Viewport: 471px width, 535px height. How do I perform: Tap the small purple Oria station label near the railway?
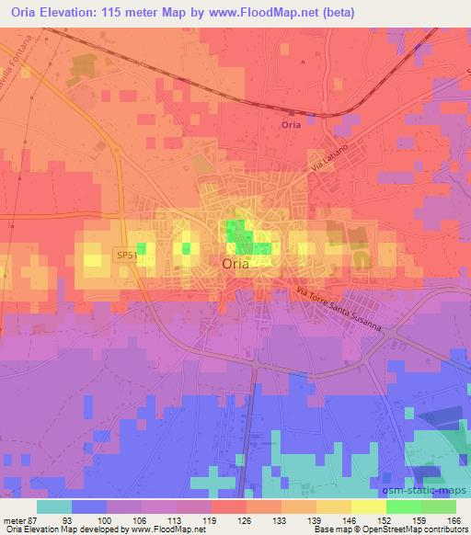pyautogui.click(x=291, y=125)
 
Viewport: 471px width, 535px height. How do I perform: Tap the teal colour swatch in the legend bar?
pyautogui.click(x=54, y=507)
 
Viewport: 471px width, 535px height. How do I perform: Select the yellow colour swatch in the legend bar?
pyautogui.click(x=368, y=507)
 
